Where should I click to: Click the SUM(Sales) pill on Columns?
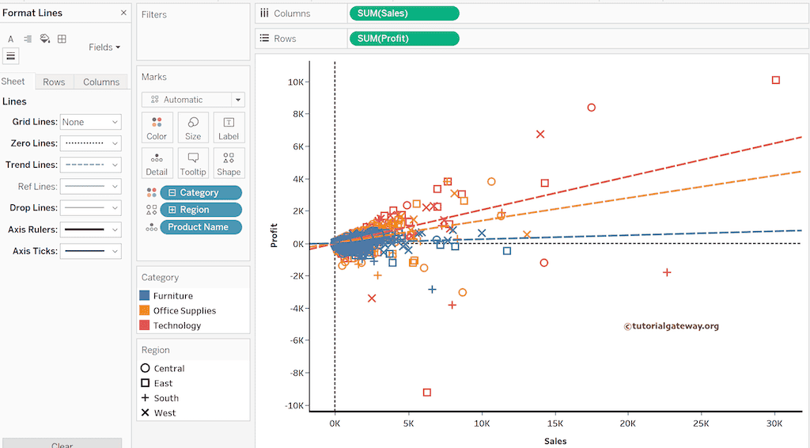(x=403, y=13)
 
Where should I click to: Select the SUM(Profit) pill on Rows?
(x=403, y=38)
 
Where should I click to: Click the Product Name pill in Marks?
(x=200, y=227)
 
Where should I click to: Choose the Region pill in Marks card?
(x=200, y=210)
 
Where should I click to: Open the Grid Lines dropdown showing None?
(x=90, y=122)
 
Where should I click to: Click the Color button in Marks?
(x=157, y=127)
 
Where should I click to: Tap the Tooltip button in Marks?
(x=193, y=163)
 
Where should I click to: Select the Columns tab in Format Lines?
(x=101, y=82)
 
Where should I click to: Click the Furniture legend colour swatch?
(x=145, y=296)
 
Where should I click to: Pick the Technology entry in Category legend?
(x=177, y=325)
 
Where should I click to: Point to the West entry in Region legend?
(x=165, y=413)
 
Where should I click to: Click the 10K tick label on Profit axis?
(x=297, y=82)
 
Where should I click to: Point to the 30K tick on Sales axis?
(x=774, y=424)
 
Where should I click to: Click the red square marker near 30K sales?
(x=776, y=80)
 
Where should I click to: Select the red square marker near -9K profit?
(x=427, y=393)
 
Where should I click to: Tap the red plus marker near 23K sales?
(x=667, y=272)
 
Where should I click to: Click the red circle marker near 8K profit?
(x=591, y=108)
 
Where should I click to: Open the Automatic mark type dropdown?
(x=193, y=100)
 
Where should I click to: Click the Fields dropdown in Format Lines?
(x=104, y=47)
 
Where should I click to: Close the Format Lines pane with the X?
(x=123, y=13)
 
